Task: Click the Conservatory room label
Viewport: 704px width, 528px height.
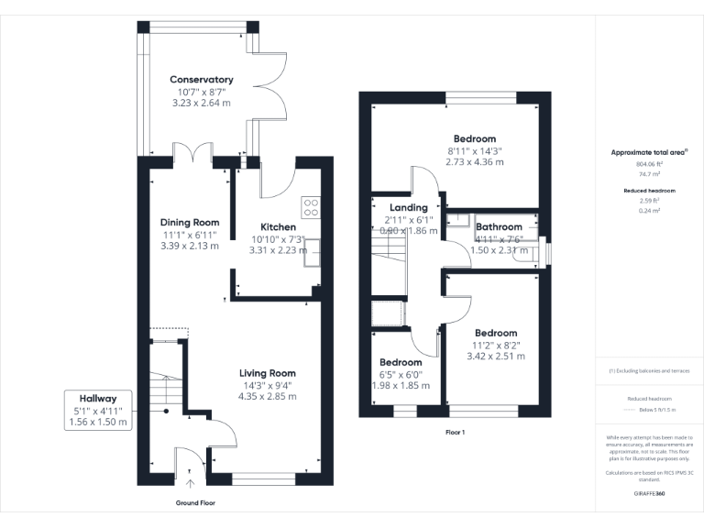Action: click(202, 80)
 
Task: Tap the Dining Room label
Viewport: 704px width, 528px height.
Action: click(190, 223)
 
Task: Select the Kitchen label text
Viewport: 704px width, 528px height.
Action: click(278, 227)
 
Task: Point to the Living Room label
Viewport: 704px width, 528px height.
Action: click(268, 373)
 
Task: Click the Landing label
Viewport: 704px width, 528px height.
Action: click(408, 208)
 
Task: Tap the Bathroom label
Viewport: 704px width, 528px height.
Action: click(499, 227)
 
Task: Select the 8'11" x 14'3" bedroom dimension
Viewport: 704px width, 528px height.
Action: click(475, 151)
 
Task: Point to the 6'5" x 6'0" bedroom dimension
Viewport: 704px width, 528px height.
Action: click(401, 374)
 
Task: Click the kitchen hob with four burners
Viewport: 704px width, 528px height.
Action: click(311, 207)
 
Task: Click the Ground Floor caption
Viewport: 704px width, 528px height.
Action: click(195, 503)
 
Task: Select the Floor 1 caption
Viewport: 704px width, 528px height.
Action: click(455, 432)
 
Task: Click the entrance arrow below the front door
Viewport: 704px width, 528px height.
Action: click(191, 483)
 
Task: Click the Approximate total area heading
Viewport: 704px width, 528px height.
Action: click(649, 153)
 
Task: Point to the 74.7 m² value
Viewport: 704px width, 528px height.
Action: click(649, 173)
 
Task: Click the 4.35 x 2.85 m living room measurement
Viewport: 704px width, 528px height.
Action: click(268, 396)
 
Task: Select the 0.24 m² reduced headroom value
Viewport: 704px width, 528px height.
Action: click(649, 210)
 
